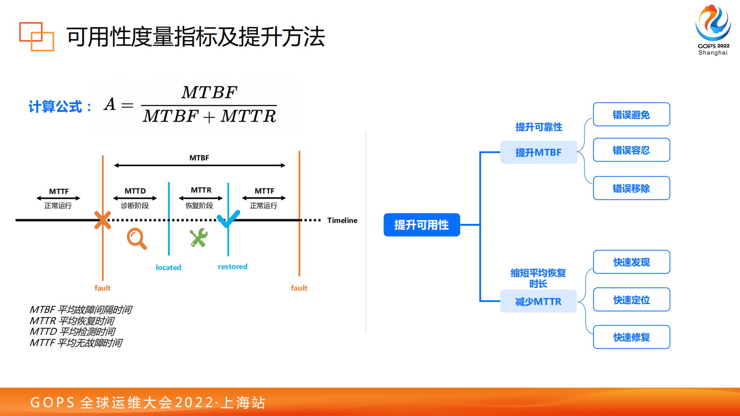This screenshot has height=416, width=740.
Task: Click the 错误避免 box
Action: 631,114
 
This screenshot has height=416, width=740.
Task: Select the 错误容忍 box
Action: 631,150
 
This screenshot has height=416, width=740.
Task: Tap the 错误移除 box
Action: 631,188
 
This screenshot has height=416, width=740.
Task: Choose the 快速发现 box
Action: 631,262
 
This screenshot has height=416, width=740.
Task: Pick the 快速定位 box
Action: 631,299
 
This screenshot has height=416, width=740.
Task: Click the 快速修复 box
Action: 631,337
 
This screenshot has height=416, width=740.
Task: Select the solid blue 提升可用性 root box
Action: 422,225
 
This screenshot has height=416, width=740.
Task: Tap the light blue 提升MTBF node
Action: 539,153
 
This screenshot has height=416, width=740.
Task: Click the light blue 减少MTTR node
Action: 539,301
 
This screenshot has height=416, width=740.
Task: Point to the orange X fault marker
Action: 103,220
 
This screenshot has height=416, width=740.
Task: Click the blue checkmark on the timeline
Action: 228,218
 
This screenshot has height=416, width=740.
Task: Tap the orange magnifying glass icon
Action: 137,238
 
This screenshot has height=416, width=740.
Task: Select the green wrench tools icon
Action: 199,238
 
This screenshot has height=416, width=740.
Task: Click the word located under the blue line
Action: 168,267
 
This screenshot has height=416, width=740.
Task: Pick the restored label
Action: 232,266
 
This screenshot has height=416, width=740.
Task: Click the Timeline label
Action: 342,220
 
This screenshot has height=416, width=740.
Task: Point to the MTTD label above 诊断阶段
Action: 135,191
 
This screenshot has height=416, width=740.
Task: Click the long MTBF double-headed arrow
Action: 200,165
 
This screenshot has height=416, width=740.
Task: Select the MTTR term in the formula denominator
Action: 249,116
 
